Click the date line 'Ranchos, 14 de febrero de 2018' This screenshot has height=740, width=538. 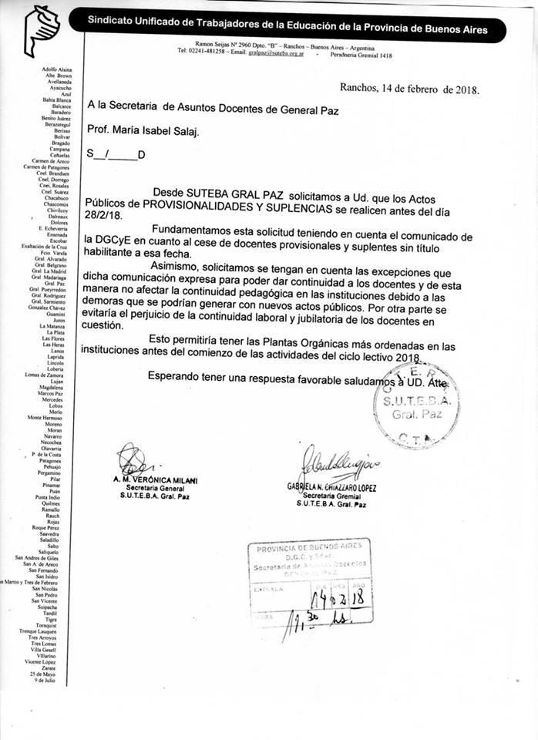pyautogui.click(x=409, y=89)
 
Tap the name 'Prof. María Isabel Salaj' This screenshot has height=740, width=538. pyautogui.click(x=143, y=131)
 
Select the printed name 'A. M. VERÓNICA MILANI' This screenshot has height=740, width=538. pyautogui.click(x=154, y=481)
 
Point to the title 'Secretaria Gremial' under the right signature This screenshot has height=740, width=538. pyautogui.click(x=332, y=496)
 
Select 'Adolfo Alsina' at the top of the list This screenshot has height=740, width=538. pyautogui.click(x=57, y=69)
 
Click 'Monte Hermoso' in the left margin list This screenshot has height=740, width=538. pyautogui.click(x=45, y=417)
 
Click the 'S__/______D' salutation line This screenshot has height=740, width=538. pyautogui.click(x=116, y=155)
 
